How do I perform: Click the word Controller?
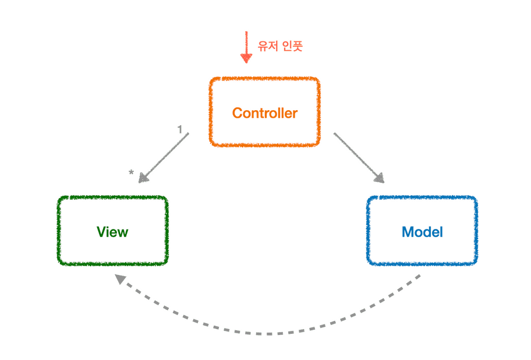tap(264, 113)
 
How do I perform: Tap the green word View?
tap(112, 232)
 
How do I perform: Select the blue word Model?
tap(422, 232)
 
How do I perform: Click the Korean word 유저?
tap(267, 46)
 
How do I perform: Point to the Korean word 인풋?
tap(292, 46)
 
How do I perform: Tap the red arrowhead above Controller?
tap(246, 58)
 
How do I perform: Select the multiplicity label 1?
tap(180, 129)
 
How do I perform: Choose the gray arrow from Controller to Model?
tap(357, 156)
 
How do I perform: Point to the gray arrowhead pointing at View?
tap(144, 177)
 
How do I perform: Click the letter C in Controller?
tap(237, 113)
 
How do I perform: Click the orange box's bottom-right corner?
tap(318, 143)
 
